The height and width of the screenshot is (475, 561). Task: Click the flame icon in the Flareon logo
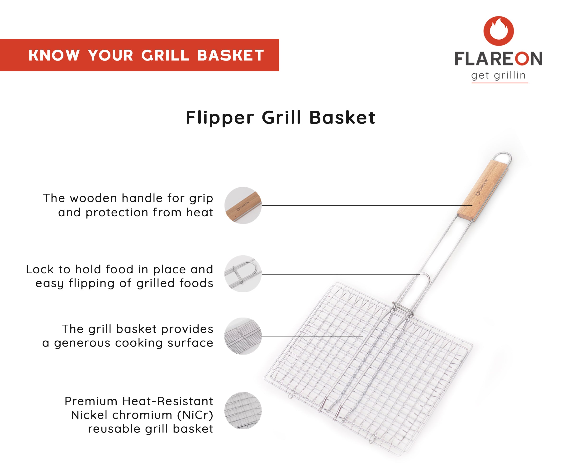498,30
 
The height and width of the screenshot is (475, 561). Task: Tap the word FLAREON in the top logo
498,59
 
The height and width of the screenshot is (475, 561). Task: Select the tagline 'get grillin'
498,75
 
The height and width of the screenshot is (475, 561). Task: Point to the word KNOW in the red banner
54,56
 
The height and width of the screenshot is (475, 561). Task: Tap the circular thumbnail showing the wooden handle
243,205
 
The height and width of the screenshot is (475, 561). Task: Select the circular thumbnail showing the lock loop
243,274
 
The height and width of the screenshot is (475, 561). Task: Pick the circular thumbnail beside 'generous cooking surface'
243,336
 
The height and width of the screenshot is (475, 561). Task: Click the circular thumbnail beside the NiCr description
243,411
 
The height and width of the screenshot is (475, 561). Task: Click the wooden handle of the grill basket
482,191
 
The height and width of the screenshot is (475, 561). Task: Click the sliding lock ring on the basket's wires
403,309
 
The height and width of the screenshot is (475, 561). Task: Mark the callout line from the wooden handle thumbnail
366,205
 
